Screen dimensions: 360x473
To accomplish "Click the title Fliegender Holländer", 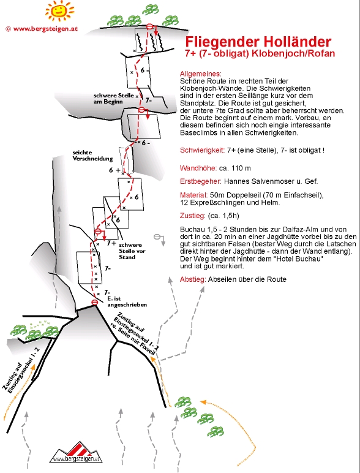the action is coord(258,42).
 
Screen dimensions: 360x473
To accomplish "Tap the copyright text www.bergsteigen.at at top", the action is coord(45,29).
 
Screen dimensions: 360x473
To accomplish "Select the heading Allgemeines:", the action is coord(200,74).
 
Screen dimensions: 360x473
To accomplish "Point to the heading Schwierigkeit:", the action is coord(202,150).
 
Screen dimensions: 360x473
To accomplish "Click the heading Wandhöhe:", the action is coord(198,168).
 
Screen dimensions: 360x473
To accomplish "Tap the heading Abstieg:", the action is coord(193,279).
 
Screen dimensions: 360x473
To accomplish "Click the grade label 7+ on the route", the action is coord(111,243).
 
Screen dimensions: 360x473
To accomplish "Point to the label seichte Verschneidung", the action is coord(92,156).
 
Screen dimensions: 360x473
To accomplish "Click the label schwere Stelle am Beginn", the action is coord(114,99).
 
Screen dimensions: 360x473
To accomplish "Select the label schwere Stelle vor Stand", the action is coord(132,251).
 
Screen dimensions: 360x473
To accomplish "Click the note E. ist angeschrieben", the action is coord(127,301).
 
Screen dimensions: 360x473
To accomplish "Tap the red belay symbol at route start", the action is coord(94,302).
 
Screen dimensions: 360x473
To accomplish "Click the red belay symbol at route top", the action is coord(149,27).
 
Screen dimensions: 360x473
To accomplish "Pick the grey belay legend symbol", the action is coord(160,240).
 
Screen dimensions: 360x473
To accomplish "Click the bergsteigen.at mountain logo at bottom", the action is coord(76,453).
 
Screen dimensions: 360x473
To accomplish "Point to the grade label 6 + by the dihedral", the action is coord(114,170).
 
